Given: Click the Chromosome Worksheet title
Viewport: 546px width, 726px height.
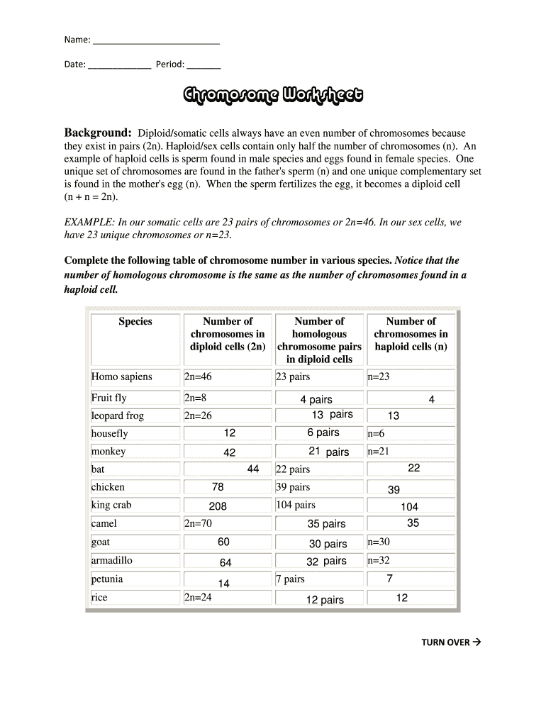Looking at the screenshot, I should [x=273, y=96].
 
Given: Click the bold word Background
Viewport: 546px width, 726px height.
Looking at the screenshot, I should [x=98, y=133].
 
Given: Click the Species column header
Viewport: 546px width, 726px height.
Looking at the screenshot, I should [x=135, y=322].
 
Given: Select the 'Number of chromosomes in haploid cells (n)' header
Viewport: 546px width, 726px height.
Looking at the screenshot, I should [x=411, y=334].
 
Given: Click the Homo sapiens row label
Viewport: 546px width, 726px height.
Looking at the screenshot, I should [x=121, y=376].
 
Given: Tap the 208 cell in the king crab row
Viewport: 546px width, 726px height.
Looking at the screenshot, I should [x=218, y=506].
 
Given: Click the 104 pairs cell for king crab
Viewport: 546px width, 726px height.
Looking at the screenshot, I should [x=296, y=505].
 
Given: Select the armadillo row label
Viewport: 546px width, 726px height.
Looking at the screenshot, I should [x=112, y=560].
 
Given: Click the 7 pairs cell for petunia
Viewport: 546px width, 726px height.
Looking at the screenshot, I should [x=290, y=579].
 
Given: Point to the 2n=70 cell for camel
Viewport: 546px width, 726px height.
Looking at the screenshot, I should [x=198, y=523].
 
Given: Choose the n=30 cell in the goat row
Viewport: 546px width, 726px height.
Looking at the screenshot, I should [x=379, y=542].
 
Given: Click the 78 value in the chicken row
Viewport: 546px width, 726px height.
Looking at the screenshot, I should [x=218, y=487].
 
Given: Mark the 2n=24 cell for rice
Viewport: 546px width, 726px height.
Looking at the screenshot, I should [x=198, y=597].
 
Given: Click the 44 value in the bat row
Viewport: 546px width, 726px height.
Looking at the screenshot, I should [x=252, y=469].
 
